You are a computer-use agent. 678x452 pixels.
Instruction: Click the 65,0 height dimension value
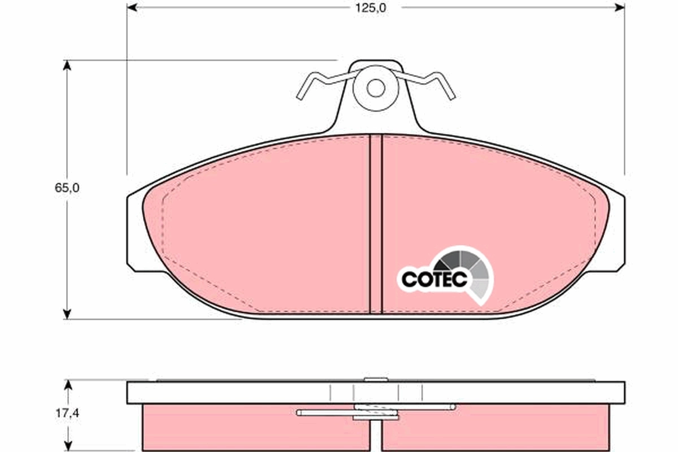[67, 189]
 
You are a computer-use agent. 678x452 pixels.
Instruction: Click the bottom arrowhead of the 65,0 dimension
[67, 314]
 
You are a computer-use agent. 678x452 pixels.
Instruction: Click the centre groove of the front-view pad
[376, 226]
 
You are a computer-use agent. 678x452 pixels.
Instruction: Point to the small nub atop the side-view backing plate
[372, 380]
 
